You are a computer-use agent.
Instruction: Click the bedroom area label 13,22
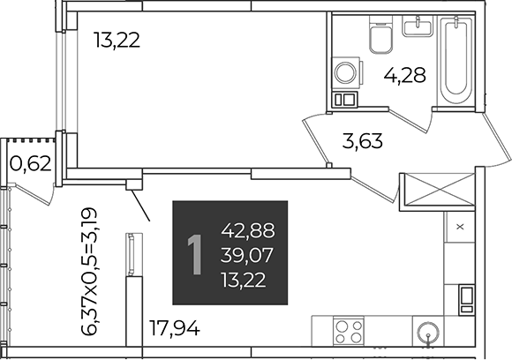(x=117, y=41)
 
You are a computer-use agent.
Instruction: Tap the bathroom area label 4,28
(x=405, y=75)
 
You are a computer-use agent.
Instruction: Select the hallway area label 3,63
(x=363, y=141)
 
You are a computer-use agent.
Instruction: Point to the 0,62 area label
(x=31, y=164)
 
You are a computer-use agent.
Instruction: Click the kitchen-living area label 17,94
(x=175, y=328)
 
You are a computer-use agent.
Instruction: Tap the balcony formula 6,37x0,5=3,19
(x=89, y=271)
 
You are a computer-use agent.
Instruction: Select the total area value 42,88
(x=248, y=231)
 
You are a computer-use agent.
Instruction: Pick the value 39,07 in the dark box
(x=246, y=255)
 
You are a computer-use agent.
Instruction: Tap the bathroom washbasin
(x=418, y=26)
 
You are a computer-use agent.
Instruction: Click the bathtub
(x=456, y=61)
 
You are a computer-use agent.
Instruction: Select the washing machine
(x=347, y=73)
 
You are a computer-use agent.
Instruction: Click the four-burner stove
(x=349, y=331)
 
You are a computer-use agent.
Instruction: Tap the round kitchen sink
(x=428, y=333)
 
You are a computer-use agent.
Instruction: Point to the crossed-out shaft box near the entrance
(x=437, y=190)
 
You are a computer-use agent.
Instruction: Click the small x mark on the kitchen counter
(x=460, y=226)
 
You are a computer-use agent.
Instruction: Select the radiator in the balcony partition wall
(x=132, y=254)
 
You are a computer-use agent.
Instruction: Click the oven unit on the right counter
(x=466, y=300)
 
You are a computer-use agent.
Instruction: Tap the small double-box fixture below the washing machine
(x=345, y=99)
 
